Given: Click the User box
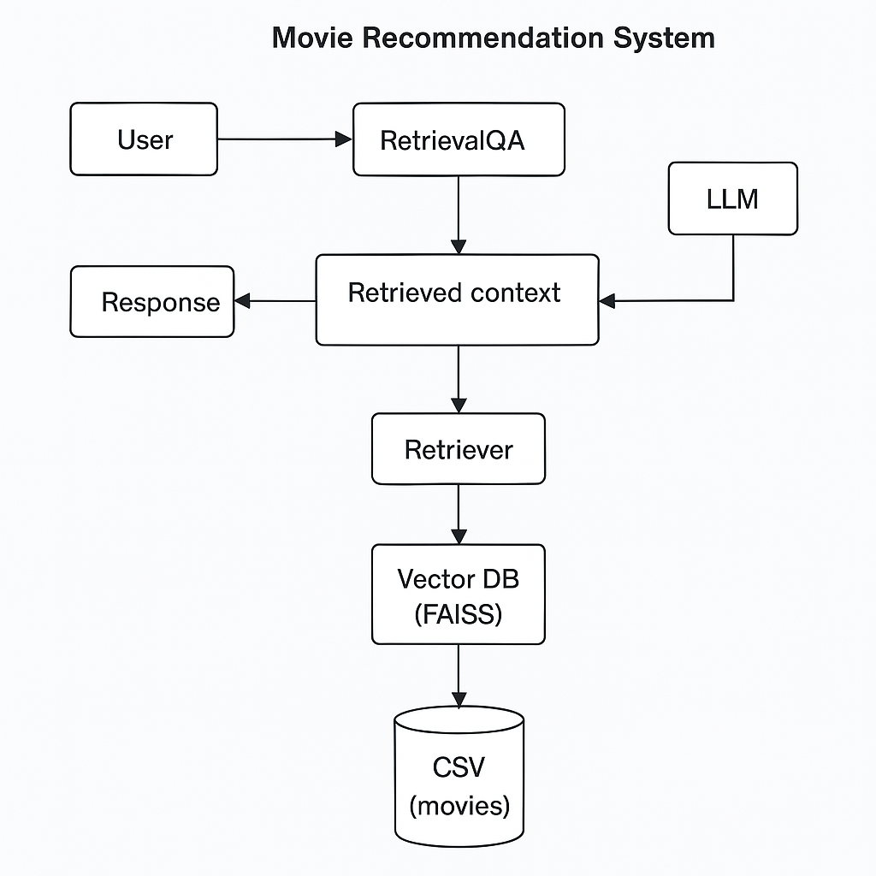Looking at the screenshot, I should [x=144, y=139].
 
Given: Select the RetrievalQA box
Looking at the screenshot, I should [x=459, y=139].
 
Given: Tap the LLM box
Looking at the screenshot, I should [x=732, y=198].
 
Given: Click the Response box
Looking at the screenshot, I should [x=152, y=301].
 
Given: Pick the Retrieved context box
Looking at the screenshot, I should [x=457, y=299].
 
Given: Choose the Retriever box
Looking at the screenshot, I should [x=458, y=449].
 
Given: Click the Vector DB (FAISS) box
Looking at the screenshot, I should [x=458, y=594].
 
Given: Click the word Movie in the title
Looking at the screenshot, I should [x=311, y=38].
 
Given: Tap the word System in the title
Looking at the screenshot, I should [x=667, y=38].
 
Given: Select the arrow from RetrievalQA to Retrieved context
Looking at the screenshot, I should [x=459, y=214].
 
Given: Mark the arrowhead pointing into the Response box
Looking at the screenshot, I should [x=242, y=300].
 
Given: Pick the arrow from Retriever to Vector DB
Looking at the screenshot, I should [x=459, y=513].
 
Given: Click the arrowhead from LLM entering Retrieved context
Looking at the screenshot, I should [x=607, y=301].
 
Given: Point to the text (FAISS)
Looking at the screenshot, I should [x=458, y=613].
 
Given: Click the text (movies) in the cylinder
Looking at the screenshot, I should [x=459, y=805].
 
